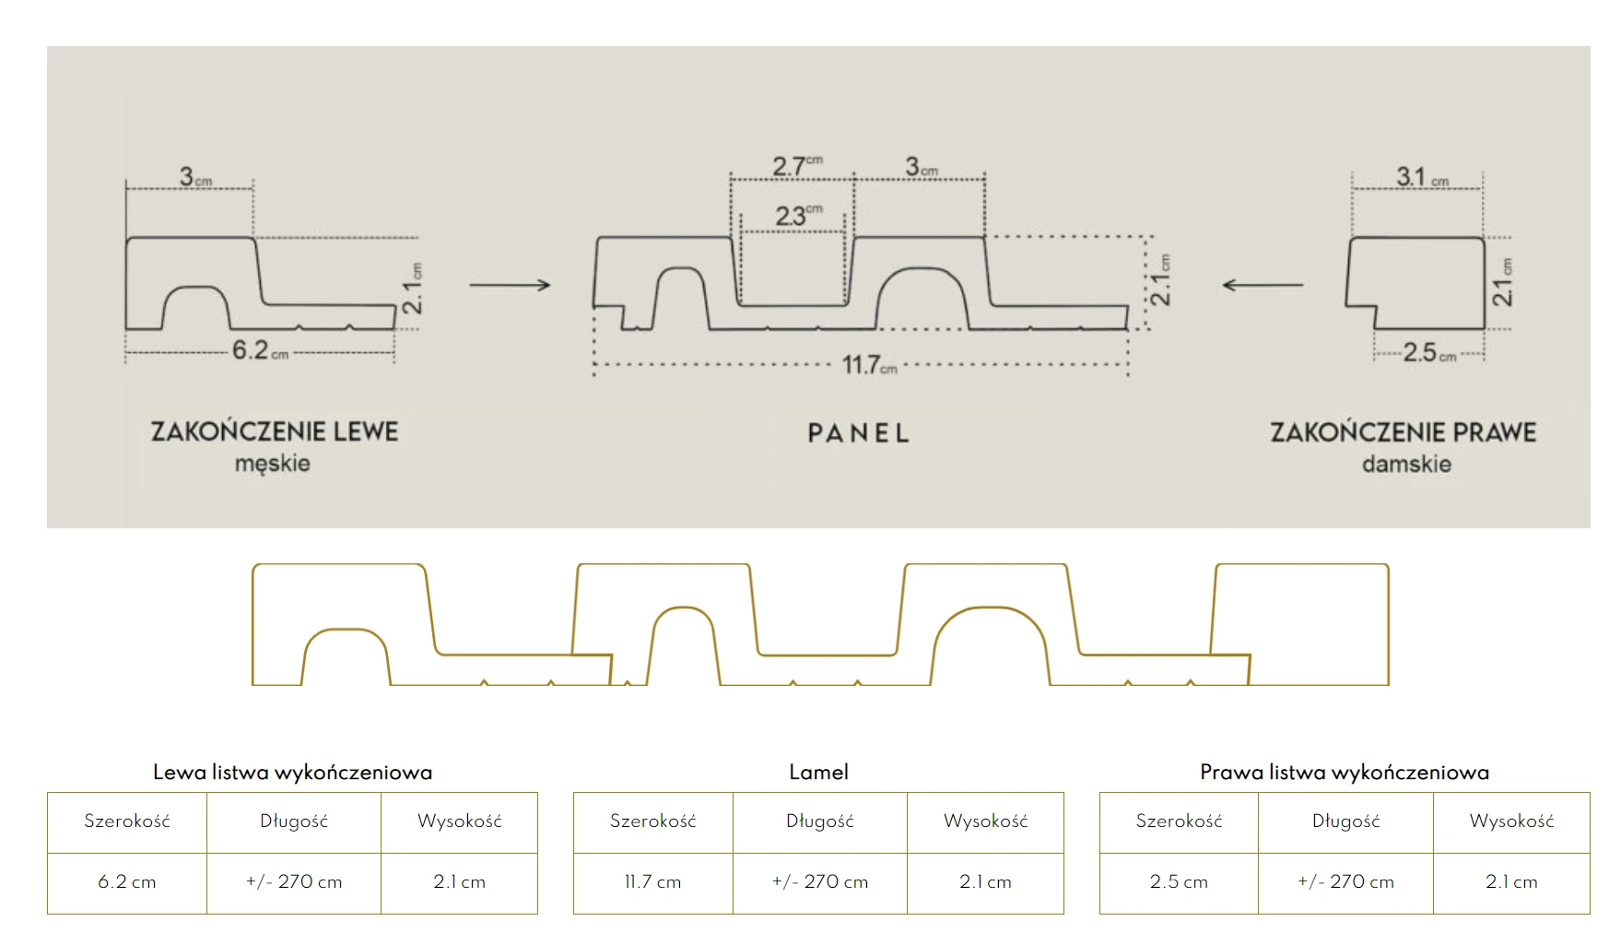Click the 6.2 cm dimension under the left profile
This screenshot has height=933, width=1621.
[x=259, y=350]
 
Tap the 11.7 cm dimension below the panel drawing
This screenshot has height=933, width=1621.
[x=868, y=365]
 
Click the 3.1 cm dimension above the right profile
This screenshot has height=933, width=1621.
[x=1421, y=176]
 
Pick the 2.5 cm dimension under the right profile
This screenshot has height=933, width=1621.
[x=1427, y=352]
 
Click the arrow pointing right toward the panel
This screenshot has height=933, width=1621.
[x=510, y=285]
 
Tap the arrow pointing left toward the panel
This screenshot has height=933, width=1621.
[x=1263, y=285]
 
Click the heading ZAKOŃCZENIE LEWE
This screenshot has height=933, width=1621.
[x=275, y=431]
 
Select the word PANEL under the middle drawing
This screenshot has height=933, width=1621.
[x=858, y=433]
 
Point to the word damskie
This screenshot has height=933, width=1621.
[x=1406, y=464]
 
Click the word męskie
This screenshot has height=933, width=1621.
[x=272, y=463]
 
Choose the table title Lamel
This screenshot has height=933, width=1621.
[x=818, y=773]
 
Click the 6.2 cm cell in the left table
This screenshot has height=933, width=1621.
[x=127, y=882]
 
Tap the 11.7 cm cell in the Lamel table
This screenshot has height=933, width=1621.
[x=652, y=882]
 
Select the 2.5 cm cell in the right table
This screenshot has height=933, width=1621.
[x=1179, y=882]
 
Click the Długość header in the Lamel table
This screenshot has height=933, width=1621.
[x=819, y=821]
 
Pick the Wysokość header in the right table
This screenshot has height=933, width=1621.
[x=1511, y=821]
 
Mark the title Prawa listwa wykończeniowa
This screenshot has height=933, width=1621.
[x=1344, y=773]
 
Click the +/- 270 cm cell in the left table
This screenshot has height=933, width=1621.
[x=294, y=882]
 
